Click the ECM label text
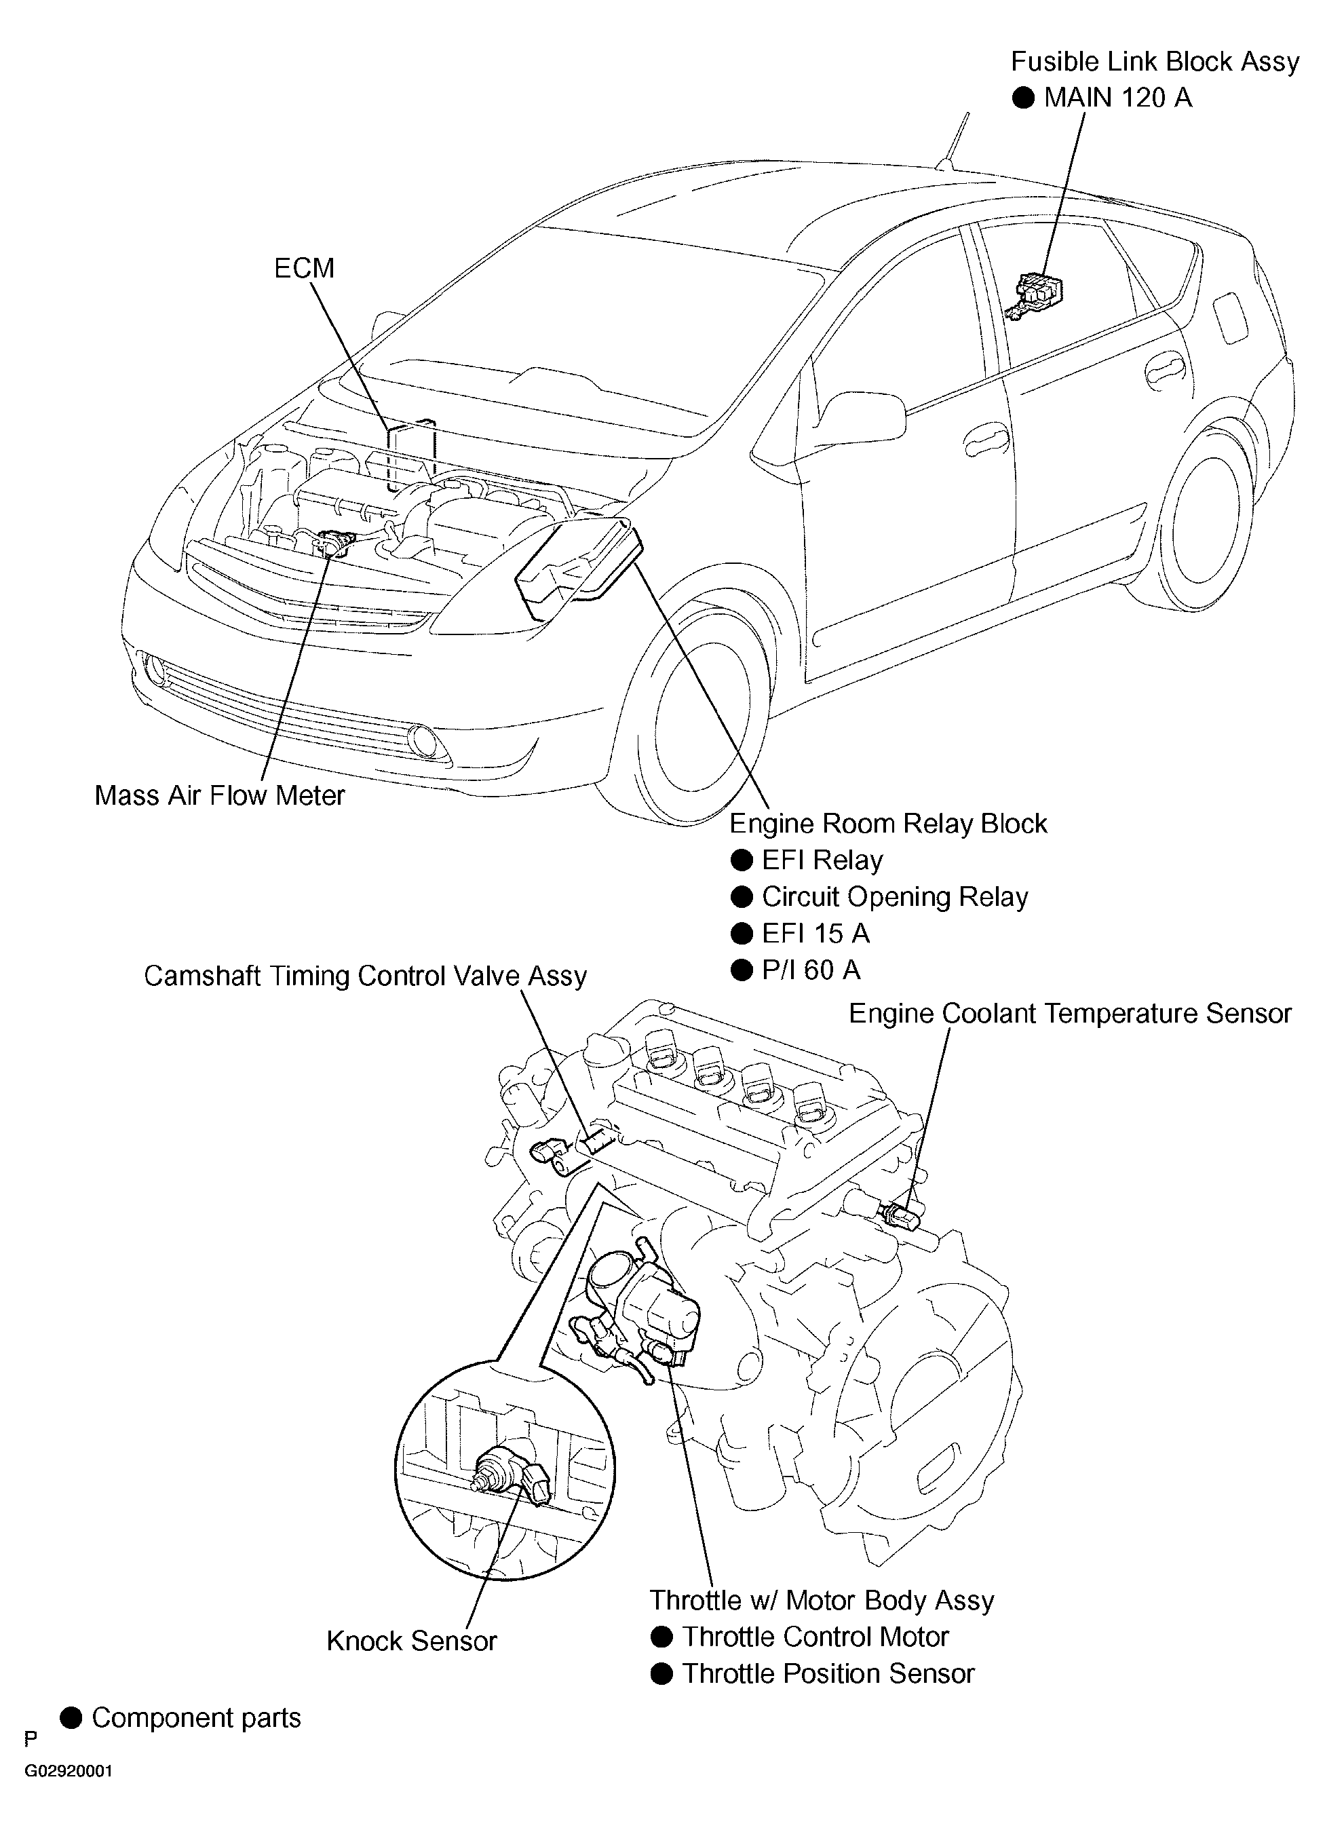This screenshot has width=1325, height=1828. [x=304, y=269]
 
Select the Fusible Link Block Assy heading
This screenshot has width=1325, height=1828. [x=1155, y=62]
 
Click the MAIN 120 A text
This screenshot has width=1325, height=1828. [x=1117, y=98]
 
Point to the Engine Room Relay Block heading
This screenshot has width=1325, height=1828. [x=887, y=824]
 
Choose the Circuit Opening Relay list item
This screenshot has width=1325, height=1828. [x=895, y=897]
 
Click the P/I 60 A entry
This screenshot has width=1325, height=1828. [x=811, y=970]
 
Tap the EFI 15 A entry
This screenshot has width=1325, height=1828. [x=815, y=934]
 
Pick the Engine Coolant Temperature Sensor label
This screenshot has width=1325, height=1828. [x=1069, y=1013]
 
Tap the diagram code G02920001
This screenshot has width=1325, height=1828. [x=69, y=1772]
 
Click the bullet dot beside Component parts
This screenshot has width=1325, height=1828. [x=72, y=1717]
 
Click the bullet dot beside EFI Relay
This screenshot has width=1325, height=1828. [x=741, y=861]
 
